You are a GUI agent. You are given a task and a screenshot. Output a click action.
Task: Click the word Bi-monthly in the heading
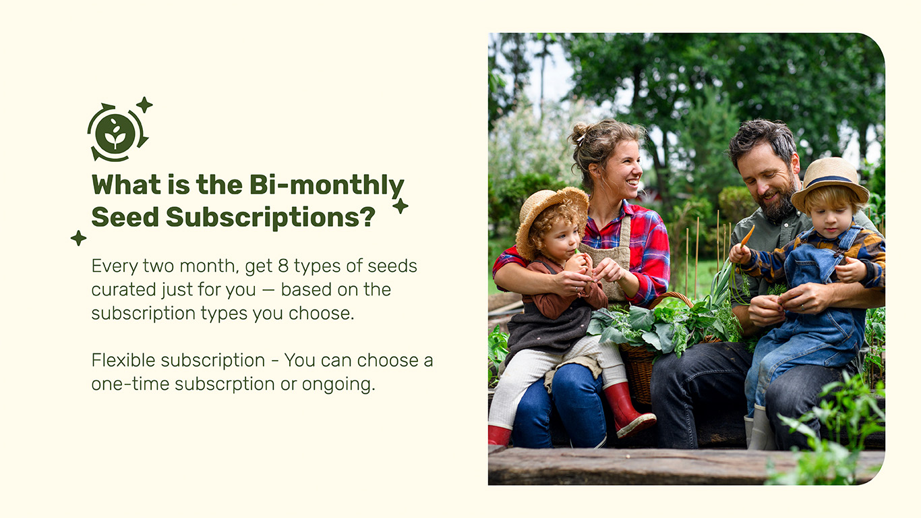[327, 185]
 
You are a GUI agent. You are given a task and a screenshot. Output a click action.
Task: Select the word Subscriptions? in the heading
[270, 217]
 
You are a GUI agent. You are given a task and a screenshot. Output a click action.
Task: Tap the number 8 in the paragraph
[283, 266]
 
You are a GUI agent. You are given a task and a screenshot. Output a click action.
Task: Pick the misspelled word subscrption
[225, 384]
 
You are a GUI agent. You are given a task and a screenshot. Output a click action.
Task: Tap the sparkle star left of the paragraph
[78, 238]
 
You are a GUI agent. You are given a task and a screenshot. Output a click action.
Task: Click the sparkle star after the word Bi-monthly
[400, 206]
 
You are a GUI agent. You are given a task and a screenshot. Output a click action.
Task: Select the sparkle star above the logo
[144, 105]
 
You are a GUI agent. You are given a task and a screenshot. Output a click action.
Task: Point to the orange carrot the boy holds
[746, 236]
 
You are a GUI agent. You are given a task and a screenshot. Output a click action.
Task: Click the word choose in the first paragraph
[320, 314]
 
